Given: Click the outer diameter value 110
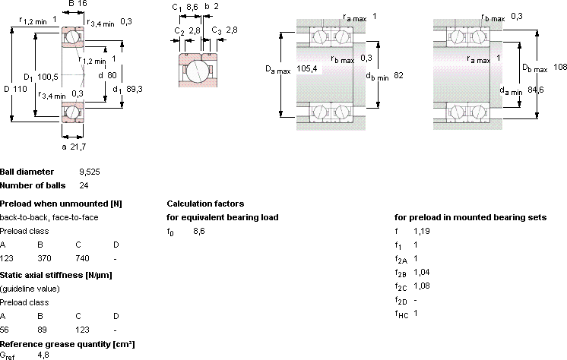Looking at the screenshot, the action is (x=21, y=89).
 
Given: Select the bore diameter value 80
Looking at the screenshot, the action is (x=112, y=75).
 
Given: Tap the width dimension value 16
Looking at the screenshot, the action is (x=82, y=4).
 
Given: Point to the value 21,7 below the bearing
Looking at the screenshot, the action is (x=78, y=147).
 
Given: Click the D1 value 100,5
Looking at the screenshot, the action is (x=48, y=77).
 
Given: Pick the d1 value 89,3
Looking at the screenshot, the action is (x=135, y=89).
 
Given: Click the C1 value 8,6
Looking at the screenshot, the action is (x=192, y=7).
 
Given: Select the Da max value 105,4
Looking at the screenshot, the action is (x=306, y=68).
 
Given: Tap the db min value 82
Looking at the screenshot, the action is (x=398, y=75).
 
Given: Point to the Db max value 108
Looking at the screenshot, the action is (x=559, y=67).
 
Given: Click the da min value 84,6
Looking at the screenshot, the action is (x=536, y=90).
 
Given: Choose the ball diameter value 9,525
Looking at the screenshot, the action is (x=90, y=172).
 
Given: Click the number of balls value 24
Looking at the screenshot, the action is (x=84, y=185).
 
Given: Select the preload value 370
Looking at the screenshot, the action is (x=45, y=258).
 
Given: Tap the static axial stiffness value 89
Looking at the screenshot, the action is (x=42, y=330).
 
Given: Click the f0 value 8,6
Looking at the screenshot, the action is (x=199, y=232).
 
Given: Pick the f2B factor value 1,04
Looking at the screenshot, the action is (x=422, y=272).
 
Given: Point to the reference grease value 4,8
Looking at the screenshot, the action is (x=43, y=355).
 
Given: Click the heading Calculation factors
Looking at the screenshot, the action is (x=205, y=204).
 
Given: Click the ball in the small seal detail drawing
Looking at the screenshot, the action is (x=198, y=70).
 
